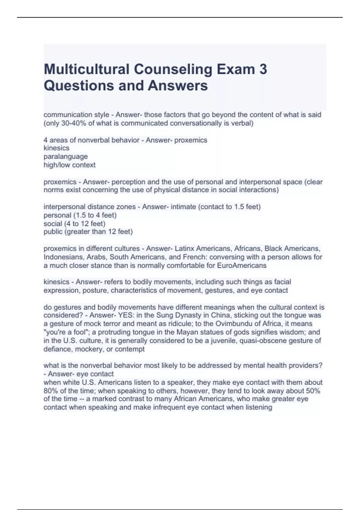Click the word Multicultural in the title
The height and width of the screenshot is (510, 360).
coord(86,69)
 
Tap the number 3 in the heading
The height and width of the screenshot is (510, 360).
coord(262,69)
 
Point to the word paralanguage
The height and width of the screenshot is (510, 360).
coord(66,156)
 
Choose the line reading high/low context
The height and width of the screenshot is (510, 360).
coord(70,165)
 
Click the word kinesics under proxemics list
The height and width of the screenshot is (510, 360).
coord(56,148)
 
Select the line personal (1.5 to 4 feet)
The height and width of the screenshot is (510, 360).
coord(80,215)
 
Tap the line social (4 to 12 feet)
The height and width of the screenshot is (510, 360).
coord(74,223)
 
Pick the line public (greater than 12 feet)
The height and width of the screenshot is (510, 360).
coord(88,232)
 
